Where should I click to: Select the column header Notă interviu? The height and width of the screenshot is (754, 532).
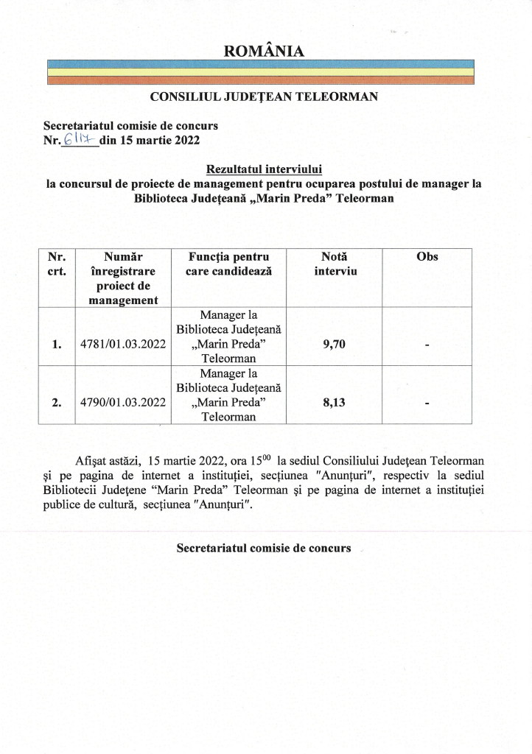(x=335, y=264)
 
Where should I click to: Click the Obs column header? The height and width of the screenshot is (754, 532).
(x=427, y=256)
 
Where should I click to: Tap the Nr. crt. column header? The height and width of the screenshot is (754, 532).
(x=57, y=264)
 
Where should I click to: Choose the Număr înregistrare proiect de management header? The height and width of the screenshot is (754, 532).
(x=122, y=278)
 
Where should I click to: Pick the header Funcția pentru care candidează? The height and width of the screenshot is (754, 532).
(x=229, y=264)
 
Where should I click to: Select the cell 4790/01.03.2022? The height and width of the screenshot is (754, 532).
(x=122, y=403)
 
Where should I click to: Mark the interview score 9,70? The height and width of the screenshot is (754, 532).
(x=335, y=344)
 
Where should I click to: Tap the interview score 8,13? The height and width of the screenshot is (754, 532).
(x=335, y=403)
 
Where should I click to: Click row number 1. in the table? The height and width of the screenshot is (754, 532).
(x=57, y=344)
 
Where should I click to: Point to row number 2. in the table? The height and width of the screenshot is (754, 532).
(x=57, y=403)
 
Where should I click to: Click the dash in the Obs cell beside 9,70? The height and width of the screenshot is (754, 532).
(x=427, y=345)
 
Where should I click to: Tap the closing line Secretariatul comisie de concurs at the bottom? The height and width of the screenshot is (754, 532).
(x=263, y=549)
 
